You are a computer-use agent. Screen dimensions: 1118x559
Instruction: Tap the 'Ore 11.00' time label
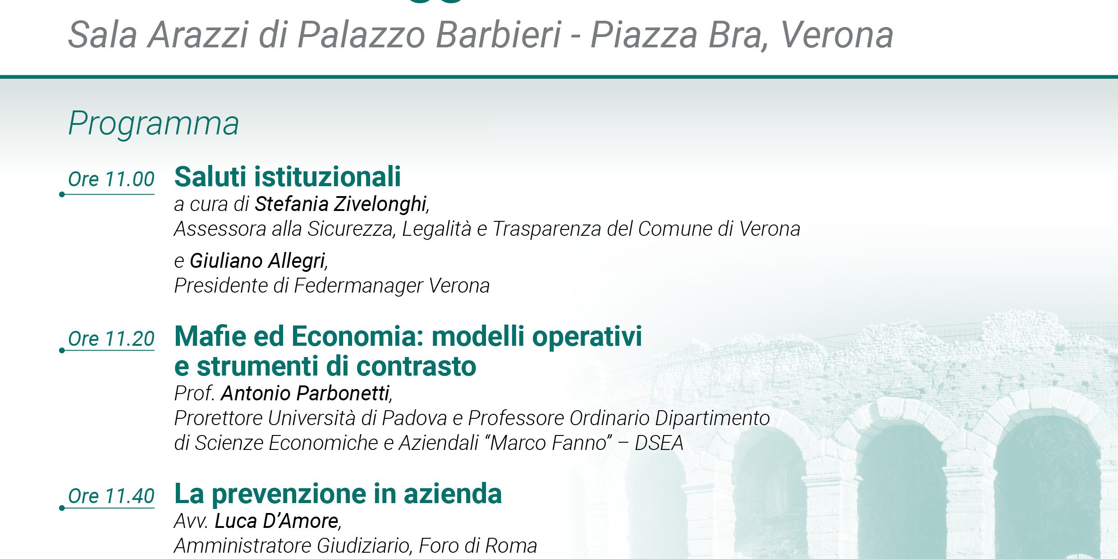[111, 179]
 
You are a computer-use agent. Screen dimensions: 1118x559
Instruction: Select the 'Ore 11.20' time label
[111, 339]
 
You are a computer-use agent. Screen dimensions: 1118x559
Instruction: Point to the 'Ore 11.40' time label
[111, 496]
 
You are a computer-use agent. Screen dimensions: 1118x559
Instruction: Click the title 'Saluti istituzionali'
[288, 176]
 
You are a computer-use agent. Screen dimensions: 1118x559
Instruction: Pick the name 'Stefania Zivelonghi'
[341, 205]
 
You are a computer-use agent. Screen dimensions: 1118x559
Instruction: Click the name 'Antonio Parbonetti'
[305, 393]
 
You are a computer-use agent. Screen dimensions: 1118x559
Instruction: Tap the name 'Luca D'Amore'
[277, 521]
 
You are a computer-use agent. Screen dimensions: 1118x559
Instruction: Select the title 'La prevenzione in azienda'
[338, 494]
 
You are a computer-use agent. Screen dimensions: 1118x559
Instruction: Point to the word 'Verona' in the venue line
[837, 35]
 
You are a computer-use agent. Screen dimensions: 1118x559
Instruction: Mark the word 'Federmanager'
[358, 286]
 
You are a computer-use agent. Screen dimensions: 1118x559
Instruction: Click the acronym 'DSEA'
[659, 443]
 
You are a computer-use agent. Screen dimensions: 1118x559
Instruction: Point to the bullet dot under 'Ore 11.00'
[62, 194]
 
